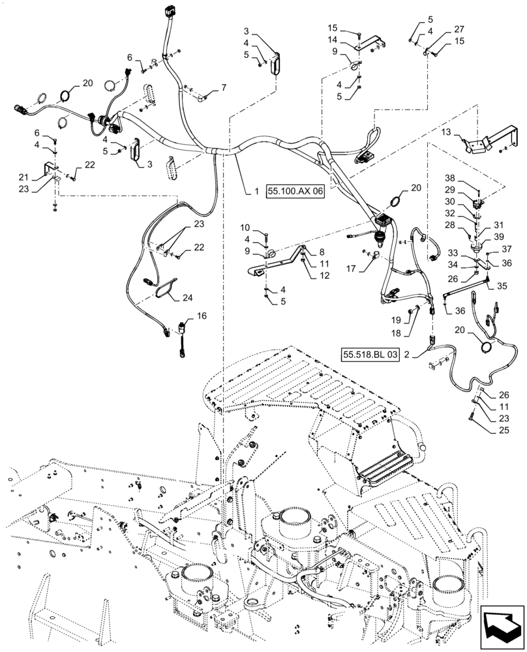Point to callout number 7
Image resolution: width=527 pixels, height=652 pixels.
tap(224, 87)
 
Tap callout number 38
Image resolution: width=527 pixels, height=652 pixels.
tap(468, 178)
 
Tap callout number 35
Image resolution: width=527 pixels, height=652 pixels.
tap(503, 286)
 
